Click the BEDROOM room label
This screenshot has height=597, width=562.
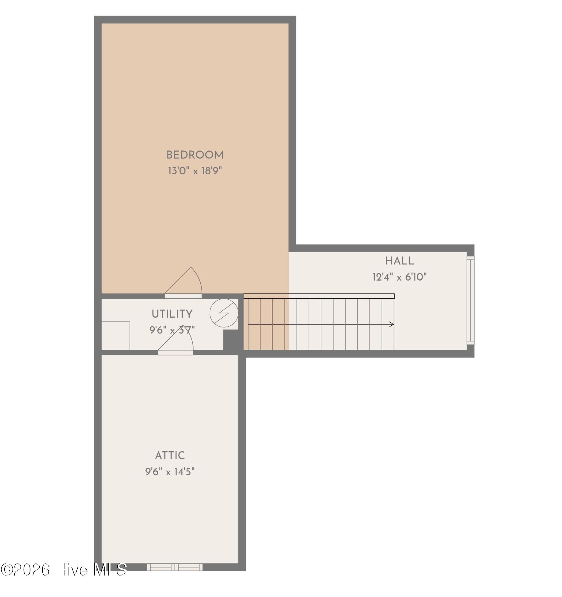(x=195, y=155)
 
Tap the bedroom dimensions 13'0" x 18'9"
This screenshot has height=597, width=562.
(x=195, y=171)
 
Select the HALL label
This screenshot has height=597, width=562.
(x=399, y=261)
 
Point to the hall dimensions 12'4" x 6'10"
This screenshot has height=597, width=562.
(x=399, y=277)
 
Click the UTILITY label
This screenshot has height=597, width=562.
(x=172, y=314)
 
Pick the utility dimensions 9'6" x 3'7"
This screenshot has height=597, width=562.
(x=172, y=330)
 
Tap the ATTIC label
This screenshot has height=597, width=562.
(x=170, y=456)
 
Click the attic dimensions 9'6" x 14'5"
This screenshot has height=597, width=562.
(x=170, y=472)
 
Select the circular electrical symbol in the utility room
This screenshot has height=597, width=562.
(x=224, y=313)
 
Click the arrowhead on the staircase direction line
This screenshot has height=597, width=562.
(x=391, y=324)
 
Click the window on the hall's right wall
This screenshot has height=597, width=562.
(x=470, y=300)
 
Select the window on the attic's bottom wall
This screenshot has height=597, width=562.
(x=174, y=567)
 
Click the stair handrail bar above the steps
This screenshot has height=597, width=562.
(x=319, y=296)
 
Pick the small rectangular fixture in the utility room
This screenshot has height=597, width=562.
(x=116, y=336)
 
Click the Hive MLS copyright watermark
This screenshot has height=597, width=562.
(x=64, y=569)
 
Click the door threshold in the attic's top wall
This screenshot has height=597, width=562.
(x=175, y=353)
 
